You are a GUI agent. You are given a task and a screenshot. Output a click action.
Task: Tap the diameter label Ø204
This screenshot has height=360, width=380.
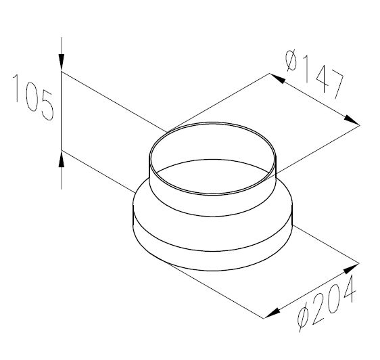coord(327,302)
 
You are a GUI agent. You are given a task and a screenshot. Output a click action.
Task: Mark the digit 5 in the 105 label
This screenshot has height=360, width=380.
coord(44,108)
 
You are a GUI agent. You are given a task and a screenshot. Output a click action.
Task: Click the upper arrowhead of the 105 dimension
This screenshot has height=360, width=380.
coord(62,63)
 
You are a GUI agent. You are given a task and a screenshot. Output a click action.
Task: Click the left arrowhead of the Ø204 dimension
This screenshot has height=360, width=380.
coord(270,313)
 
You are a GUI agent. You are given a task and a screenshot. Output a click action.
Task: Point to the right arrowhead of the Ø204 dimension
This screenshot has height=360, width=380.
coord(352,267)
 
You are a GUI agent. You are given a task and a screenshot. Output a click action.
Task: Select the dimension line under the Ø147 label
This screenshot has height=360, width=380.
coord(314,99)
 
